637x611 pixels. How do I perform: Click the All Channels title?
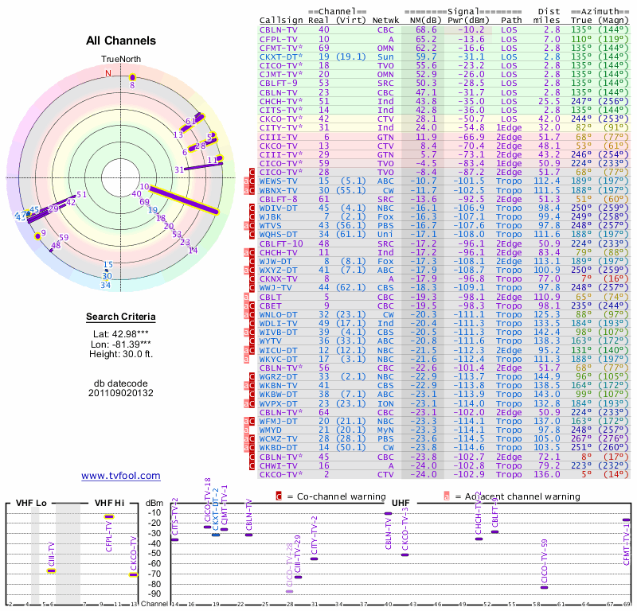click(x=120, y=41)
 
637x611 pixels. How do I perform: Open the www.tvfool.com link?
click(x=121, y=476)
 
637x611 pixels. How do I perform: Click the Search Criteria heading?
click(x=120, y=318)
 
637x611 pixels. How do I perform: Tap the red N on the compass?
click(x=108, y=73)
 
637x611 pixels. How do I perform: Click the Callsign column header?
click(x=281, y=19)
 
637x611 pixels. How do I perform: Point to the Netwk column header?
click(x=385, y=19)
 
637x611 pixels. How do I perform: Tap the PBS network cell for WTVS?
click(x=385, y=225)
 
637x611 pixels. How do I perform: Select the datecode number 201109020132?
click(x=120, y=393)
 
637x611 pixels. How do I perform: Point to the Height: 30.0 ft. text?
click(x=120, y=355)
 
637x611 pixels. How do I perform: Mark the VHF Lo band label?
click(x=32, y=503)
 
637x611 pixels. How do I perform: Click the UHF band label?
click(x=401, y=503)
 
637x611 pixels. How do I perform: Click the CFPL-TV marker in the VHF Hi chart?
click(x=109, y=517)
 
